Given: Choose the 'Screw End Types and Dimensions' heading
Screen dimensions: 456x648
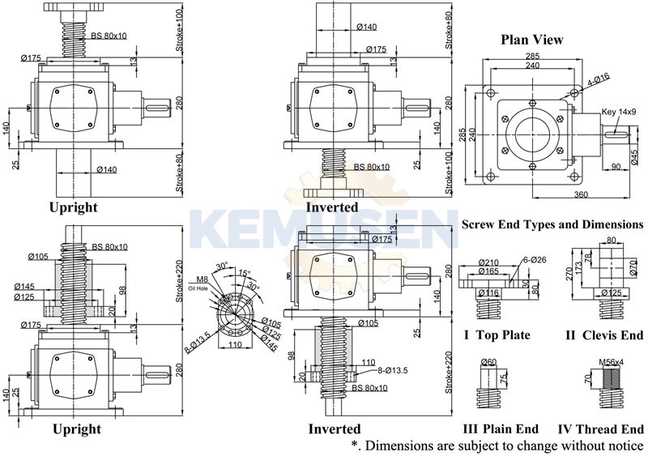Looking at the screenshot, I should coord(552,224).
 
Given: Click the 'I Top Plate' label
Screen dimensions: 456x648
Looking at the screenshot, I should coord(497,335).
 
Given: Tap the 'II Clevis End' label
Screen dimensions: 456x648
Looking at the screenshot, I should coord(603,335).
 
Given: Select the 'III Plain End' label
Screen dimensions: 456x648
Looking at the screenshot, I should coord(499,429).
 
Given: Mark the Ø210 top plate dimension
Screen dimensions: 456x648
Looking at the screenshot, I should coord(488,262).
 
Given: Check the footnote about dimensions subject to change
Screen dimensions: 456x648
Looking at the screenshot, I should coord(497,446).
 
